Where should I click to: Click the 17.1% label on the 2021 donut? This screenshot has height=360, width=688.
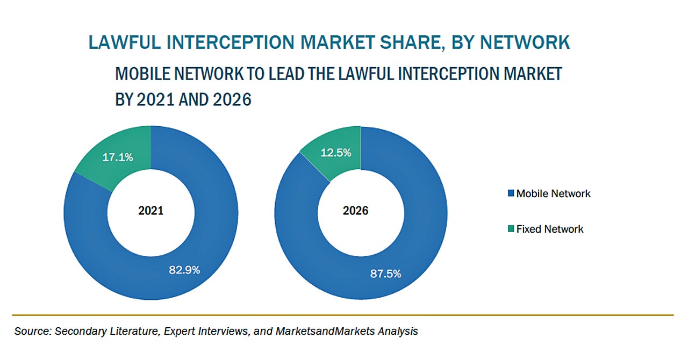click(118, 157)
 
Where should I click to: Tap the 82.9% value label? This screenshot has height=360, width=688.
click(184, 270)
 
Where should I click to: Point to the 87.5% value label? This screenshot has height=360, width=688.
click(385, 274)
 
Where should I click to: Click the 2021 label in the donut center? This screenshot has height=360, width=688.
click(150, 211)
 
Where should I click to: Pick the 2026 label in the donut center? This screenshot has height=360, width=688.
click(356, 211)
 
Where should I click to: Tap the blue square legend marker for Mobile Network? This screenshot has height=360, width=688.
click(511, 193)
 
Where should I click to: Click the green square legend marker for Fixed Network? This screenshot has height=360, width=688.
click(511, 229)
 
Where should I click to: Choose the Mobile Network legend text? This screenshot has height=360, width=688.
click(553, 193)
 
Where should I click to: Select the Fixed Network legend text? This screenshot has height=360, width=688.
click(549, 229)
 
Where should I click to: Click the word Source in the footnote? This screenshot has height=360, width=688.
click(31, 332)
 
